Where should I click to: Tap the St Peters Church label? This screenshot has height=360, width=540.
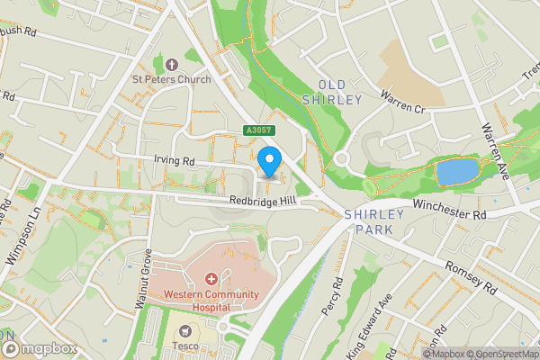[171, 79]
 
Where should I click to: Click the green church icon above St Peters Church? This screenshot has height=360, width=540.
[171, 63]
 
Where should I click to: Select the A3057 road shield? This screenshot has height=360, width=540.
[257, 130]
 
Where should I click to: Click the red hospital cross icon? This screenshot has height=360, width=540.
[211, 279]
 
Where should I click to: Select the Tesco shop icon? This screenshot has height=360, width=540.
[187, 330]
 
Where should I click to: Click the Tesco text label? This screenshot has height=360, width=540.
[187, 346]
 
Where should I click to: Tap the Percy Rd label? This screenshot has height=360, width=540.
[332, 295]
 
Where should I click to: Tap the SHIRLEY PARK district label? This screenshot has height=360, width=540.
[369, 223]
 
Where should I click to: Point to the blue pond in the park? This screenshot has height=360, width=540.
[456, 171]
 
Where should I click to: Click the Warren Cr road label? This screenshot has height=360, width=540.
[401, 100]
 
